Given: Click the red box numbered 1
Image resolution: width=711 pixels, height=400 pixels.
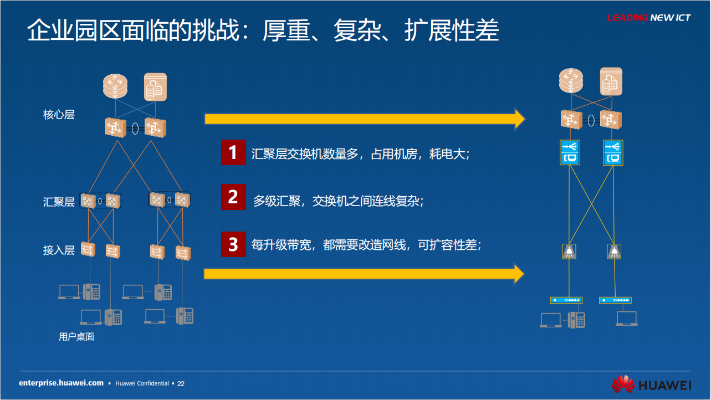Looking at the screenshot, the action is coord(233,152).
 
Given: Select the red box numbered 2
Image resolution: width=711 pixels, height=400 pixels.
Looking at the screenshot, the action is coord(233,197).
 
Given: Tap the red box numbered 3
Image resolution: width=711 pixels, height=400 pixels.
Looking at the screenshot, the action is coord(233,244).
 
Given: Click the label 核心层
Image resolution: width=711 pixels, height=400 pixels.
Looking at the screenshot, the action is coord(59,115).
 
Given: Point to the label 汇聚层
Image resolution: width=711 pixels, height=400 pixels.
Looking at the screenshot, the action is coord(59,202).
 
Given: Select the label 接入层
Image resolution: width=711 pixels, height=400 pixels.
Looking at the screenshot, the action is coord(59,250).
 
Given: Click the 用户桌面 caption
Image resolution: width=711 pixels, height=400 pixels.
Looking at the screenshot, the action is coord(76,336).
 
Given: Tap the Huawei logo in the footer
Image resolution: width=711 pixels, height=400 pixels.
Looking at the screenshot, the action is coord(651,384).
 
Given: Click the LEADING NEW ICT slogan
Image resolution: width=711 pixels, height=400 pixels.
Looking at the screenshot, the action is coord(649,18).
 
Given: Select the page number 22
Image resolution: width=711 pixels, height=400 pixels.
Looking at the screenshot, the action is coord(181,384).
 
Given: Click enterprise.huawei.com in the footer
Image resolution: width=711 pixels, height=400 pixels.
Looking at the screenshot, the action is coord(62,383).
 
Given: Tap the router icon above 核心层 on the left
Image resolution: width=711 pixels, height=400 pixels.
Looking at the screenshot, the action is coord(115,86).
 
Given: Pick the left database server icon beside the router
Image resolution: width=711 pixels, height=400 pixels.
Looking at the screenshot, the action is coord(155,87).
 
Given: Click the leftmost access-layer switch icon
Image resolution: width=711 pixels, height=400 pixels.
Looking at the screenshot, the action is coord(88,249).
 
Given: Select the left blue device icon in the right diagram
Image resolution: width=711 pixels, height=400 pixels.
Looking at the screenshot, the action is coord(570,152).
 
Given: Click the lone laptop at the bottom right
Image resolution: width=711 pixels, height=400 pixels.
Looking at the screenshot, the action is coord(627,319).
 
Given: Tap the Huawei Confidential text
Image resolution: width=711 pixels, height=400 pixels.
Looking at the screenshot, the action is coord(142,383).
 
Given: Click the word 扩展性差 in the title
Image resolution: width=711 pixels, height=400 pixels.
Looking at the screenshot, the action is coord(452,30).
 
